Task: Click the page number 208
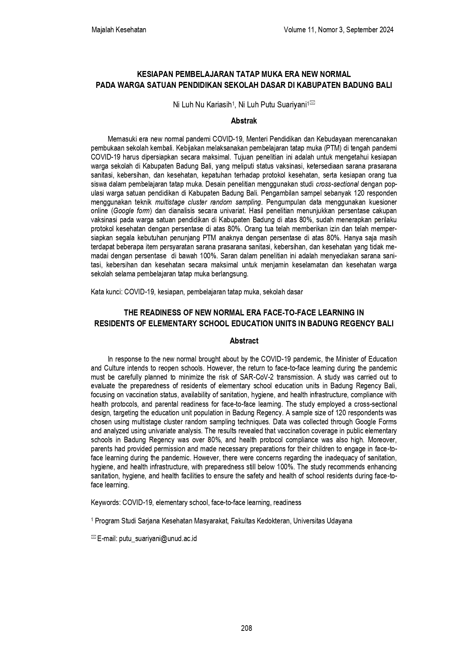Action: [246, 628]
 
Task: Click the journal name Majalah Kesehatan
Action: [119, 30]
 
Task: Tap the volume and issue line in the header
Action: [339, 30]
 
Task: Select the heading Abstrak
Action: [244, 121]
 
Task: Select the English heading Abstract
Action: [244, 341]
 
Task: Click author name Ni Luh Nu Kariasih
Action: [202, 105]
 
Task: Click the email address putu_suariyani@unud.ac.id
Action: [158, 538]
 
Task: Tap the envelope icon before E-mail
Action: [94, 538]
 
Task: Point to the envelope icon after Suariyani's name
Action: [312, 103]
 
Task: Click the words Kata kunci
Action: [106, 292]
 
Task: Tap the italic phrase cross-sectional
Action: [337, 184]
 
